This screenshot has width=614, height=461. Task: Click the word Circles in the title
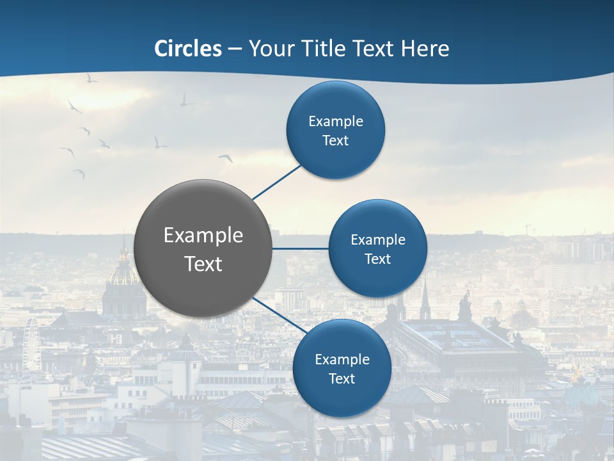click(188, 49)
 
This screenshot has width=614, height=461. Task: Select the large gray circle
click(203, 248)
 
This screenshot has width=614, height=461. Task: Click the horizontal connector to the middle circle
click(301, 248)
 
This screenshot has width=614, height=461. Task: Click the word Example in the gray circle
click(203, 236)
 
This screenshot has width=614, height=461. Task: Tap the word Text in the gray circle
click(203, 264)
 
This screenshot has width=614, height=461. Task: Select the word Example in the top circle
click(336, 122)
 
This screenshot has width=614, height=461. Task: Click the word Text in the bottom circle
click(342, 379)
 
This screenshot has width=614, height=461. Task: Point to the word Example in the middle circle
click(378, 240)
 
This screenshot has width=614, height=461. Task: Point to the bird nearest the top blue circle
click(226, 158)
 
